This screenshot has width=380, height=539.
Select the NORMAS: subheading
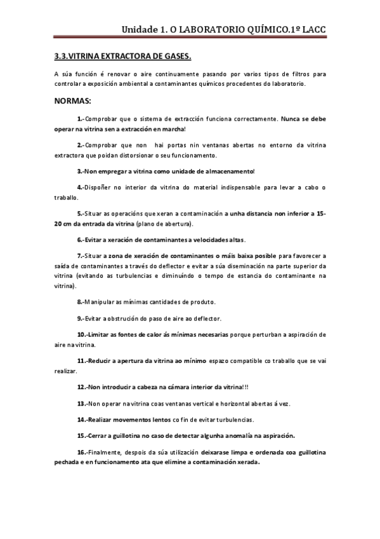click(73, 100)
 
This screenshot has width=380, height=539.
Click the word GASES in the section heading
click(176, 57)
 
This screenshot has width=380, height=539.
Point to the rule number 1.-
click(81, 119)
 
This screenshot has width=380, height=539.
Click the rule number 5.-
click(81, 214)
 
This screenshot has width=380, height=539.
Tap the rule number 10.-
click(83, 334)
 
